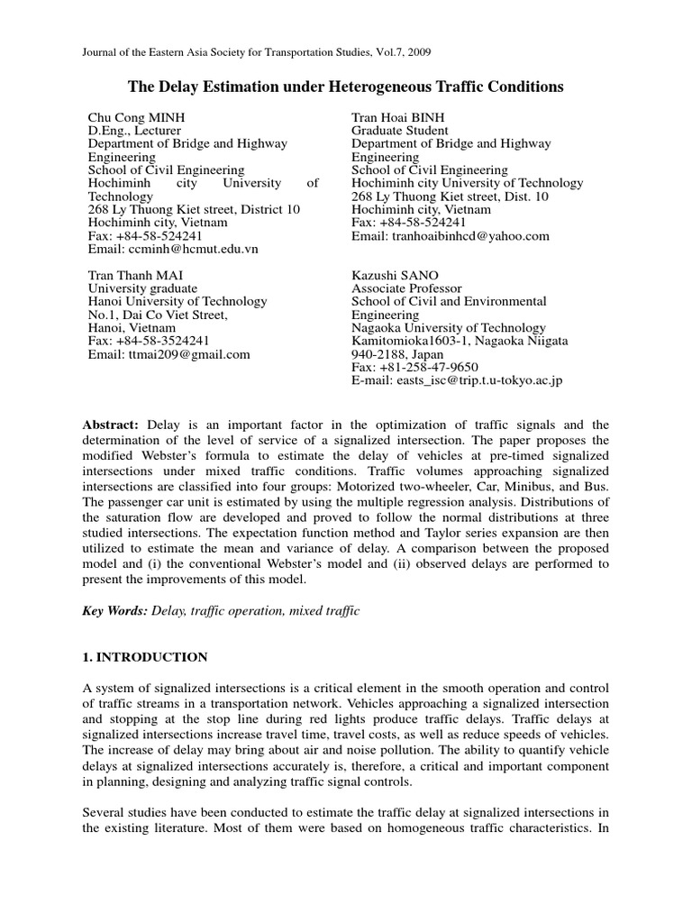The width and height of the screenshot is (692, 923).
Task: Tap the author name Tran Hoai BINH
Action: [x=398, y=118]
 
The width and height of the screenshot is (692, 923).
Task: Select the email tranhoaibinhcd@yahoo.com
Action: [x=468, y=235]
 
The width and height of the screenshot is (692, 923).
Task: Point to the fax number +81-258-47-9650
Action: [x=429, y=368]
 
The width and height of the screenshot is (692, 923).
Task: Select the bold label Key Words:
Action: [x=114, y=611]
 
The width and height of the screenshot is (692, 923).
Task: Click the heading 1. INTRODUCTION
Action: [x=145, y=657]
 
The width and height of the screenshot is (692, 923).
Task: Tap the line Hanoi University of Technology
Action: [x=178, y=302]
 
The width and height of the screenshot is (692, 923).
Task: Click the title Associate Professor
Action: [x=406, y=288]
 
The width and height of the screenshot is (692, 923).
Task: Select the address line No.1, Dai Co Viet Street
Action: [x=158, y=315]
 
